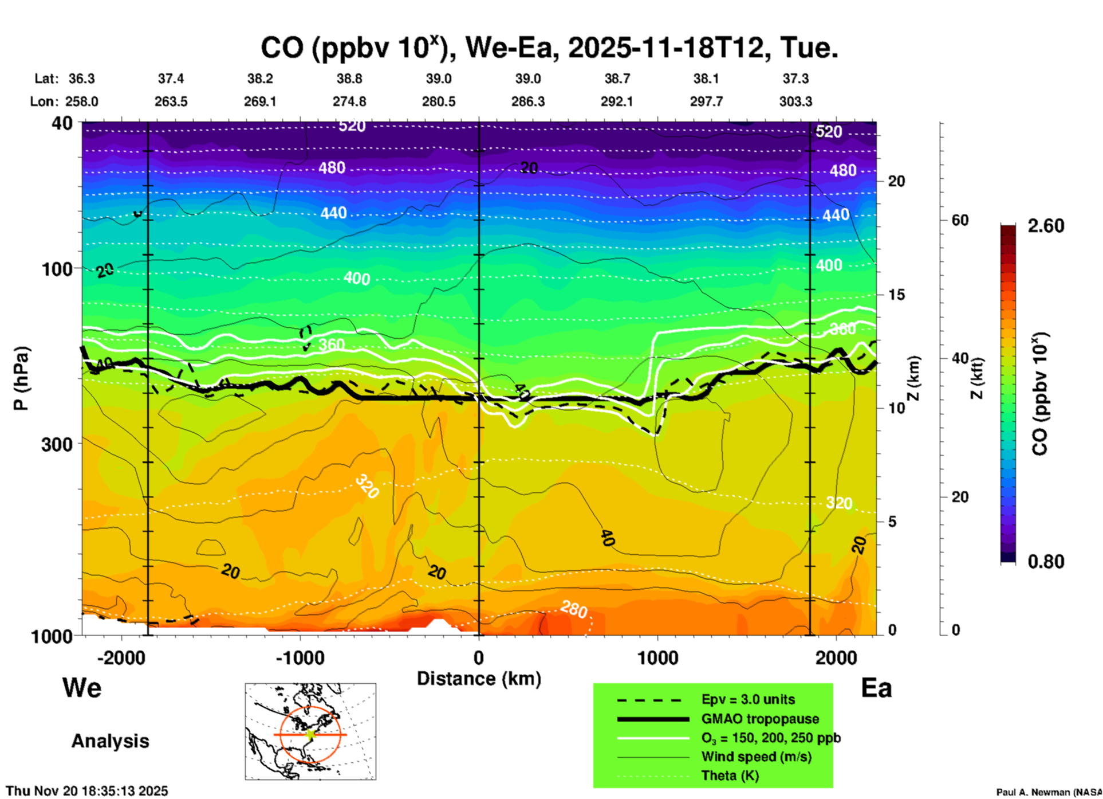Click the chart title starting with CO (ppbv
point(549,47)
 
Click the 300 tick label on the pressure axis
point(57,444)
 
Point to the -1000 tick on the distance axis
point(300,657)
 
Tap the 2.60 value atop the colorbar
point(1046,226)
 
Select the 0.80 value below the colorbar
point(1046,561)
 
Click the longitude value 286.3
point(527,101)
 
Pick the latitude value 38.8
point(349,79)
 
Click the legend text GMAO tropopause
point(760,719)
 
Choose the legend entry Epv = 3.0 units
point(748,699)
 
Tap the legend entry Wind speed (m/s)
point(756,757)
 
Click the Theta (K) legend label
point(730,775)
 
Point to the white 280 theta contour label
point(574,609)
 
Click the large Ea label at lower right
point(876,688)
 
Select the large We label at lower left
point(82,687)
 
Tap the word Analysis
point(110,741)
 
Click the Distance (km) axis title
point(479,679)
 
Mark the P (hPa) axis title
point(21,378)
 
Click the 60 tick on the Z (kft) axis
point(960,220)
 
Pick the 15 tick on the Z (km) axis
point(896,295)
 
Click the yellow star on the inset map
point(310,734)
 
